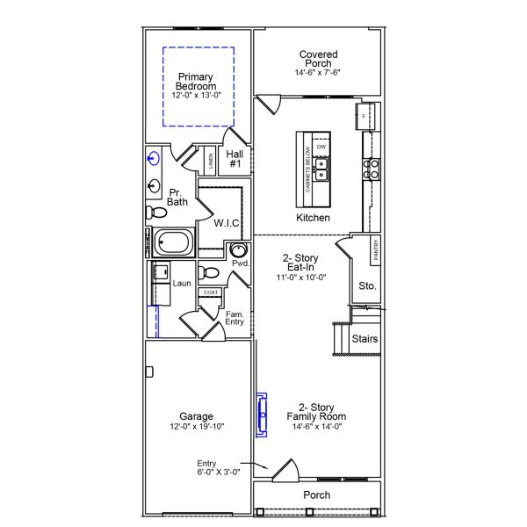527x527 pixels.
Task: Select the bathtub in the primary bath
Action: point(177,242)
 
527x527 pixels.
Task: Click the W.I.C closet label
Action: point(227,222)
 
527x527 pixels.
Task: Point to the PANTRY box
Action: point(375,249)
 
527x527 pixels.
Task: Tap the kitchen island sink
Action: point(322,163)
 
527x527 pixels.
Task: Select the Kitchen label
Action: point(313,217)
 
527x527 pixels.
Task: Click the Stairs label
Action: point(365,337)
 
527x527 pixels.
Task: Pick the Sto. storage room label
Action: point(367,285)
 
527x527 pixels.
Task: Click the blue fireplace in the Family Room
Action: point(262,414)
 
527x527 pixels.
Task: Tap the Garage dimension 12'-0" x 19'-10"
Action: point(197,427)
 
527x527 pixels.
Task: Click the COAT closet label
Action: point(210,292)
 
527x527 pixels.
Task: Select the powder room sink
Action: point(236,250)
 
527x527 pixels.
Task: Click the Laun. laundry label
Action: point(183,284)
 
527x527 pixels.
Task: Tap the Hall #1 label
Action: point(235,159)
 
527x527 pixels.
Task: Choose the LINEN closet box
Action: point(210,161)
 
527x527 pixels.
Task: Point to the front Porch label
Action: point(316,495)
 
